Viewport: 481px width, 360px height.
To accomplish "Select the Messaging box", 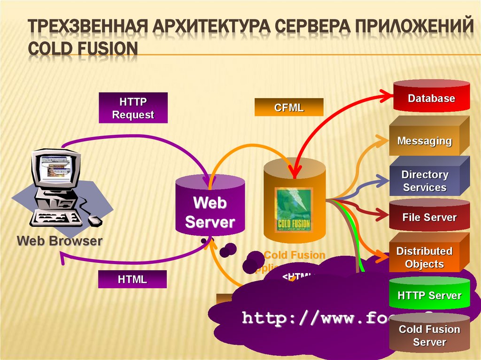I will pyautogui.click(x=424, y=140).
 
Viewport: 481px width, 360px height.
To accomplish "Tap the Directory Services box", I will pyautogui.click(x=425, y=181).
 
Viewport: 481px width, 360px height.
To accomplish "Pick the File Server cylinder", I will pyautogui.click(x=429, y=217).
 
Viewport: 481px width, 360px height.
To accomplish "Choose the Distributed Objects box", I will pyautogui.click(x=424, y=257).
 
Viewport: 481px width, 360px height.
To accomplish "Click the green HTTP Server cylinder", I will pyautogui.click(x=429, y=295).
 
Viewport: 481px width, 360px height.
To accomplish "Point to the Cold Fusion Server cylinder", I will pyautogui.click(x=429, y=335).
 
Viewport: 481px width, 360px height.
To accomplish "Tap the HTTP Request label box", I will pyautogui.click(x=133, y=108).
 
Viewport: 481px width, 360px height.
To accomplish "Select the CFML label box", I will pyautogui.click(x=289, y=107).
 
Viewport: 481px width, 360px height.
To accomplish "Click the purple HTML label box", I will pyautogui.click(x=132, y=279).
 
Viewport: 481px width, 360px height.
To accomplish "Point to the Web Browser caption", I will pyautogui.click(x=60, y=241).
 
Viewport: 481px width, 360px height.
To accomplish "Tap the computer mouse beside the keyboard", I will pyautogui.click(x=95, y=220).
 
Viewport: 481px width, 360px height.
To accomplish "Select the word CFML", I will pyautogui.click(x=289, y=107).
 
